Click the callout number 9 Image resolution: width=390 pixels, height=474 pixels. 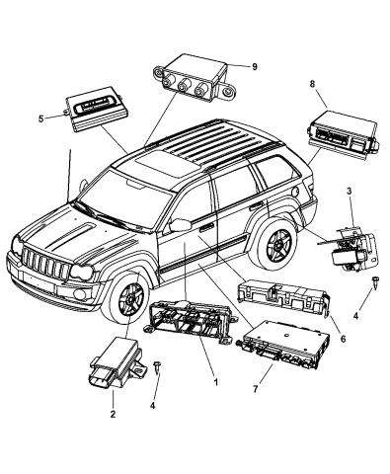click(x=254, y=66)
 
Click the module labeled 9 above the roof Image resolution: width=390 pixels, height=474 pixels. click(x=194, y=80)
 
